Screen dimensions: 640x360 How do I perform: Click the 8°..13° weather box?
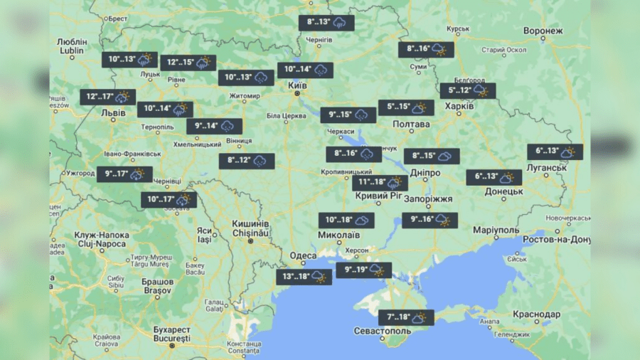[326, 23]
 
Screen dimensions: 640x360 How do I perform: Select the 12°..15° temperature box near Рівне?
[188, 63]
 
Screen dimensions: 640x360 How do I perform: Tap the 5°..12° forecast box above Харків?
[467, 91]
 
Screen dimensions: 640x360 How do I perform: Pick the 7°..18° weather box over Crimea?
[405, 317]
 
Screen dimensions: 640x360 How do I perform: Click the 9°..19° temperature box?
[363, 270]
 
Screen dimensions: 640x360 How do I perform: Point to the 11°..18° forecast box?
[380, 183]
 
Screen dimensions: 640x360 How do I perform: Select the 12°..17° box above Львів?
[107, 97]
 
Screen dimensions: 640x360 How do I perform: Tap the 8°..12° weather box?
[246, 162]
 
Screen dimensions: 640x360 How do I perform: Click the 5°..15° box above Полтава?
[406, 107]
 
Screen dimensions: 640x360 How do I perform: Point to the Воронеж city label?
[543, 31]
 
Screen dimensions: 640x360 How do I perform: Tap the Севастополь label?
[383, 332]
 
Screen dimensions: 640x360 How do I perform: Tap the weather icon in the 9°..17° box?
[137, 174]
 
